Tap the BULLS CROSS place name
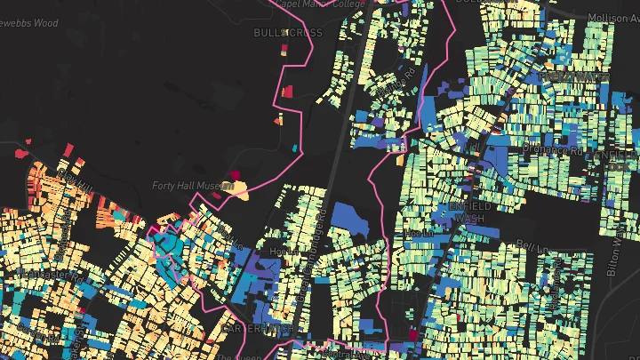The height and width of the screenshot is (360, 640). pyautogui.click(x=288, y=33)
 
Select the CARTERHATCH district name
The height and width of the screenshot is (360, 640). pyautogui.click(x=258, y=328)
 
